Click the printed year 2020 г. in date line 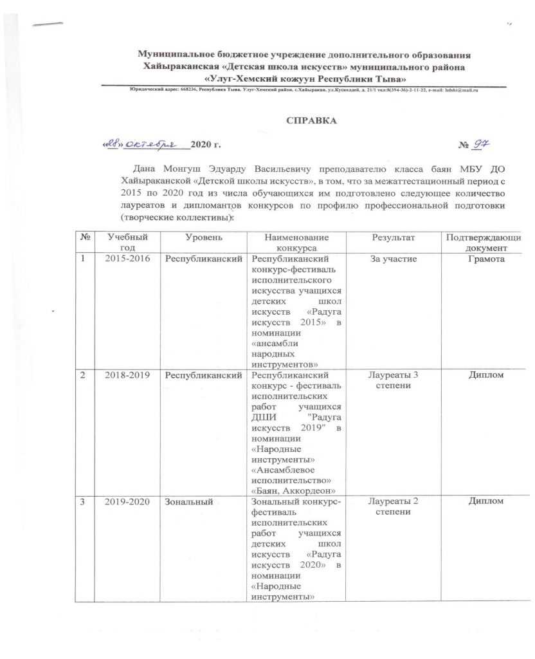click(207, 147)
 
